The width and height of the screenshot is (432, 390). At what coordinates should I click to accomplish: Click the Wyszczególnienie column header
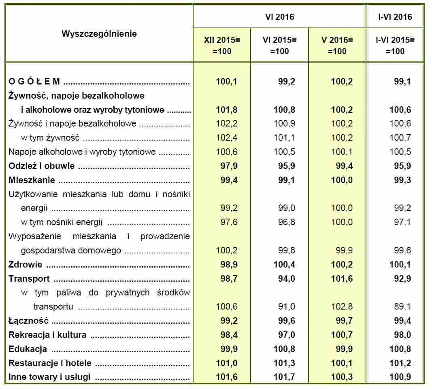click(99, 34)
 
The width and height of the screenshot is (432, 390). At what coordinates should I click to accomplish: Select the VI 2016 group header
click(280, 17)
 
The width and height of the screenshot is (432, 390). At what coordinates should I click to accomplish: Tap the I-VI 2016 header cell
click(394, 17)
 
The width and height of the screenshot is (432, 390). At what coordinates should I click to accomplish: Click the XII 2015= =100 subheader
click(222, 46)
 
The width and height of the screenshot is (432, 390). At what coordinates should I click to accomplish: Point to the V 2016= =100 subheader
click(337, 46)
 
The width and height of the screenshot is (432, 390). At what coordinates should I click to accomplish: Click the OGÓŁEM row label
click(34, 82)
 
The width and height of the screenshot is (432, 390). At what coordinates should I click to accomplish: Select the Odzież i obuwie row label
click(43, 166)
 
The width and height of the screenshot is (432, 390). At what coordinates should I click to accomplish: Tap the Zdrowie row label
click(26, 265)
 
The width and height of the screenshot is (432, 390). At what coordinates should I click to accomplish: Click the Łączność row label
click(28, 321)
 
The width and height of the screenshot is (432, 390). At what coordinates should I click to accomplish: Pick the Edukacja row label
click(28, 349)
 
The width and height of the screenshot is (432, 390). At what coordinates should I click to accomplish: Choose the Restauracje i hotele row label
click(50, 363)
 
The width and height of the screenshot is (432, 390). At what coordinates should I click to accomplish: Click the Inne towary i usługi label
click(49, 377)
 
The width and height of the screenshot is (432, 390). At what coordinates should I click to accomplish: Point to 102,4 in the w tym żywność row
click(226, 138)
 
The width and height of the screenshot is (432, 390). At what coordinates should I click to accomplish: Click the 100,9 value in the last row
click(400, 377)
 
